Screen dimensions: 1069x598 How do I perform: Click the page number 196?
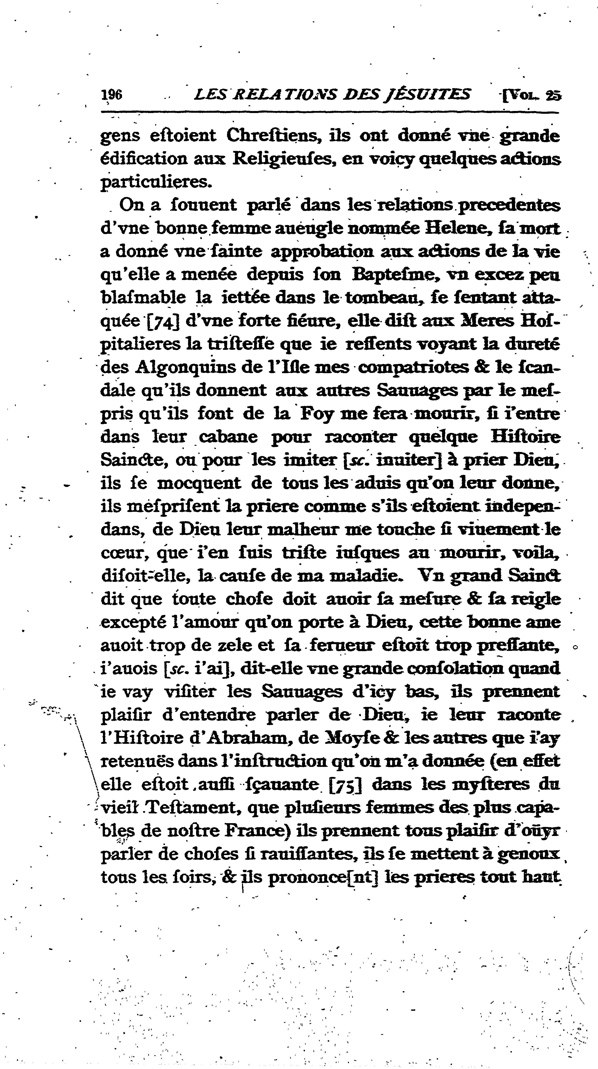(x=112, y=95)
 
